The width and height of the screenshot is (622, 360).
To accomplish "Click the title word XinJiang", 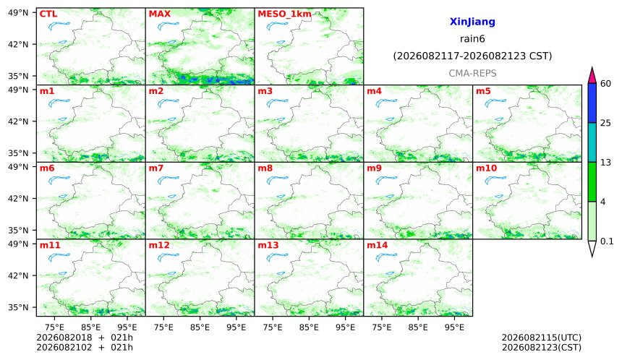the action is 472,22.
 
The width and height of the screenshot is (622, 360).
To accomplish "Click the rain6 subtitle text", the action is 472,39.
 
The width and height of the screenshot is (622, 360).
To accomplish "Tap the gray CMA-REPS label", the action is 472,73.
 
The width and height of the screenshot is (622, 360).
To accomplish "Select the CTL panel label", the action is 48,14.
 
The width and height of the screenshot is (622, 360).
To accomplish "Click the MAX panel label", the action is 159,14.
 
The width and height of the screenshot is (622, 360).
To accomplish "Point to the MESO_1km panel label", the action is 284,14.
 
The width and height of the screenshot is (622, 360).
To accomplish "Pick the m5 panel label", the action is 483,91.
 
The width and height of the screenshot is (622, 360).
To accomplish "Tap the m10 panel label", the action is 486,168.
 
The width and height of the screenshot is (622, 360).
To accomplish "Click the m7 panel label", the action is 156,168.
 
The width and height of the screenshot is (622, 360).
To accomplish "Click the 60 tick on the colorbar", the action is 605,84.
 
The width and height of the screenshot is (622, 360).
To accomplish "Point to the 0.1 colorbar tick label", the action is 607,241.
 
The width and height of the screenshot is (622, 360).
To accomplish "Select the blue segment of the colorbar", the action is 592,103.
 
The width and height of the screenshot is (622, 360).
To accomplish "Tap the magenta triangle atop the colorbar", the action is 592,76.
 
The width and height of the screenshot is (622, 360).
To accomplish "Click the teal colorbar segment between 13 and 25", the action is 592,142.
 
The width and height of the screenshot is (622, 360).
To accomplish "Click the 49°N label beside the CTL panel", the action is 18,13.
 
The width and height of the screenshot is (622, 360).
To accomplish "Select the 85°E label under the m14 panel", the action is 418,327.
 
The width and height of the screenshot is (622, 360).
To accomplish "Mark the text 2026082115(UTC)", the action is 542,338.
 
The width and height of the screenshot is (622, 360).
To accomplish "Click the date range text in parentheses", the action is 472,56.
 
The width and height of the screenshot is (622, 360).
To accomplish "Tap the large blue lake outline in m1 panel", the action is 59,103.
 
